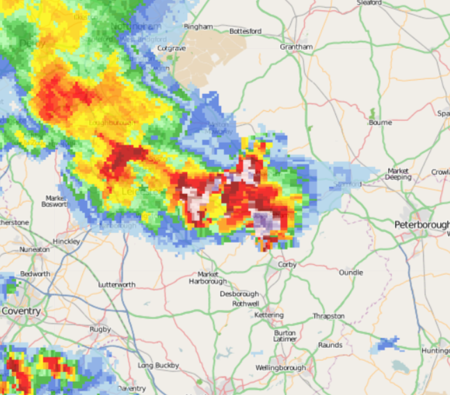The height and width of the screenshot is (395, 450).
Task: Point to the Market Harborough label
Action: [x=208, y=277]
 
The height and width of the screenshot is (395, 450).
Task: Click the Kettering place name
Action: [x=269, y=315]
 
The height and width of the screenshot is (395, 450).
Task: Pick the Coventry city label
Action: [x=21, y=311]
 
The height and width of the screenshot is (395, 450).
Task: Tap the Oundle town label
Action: [x=351, y=273]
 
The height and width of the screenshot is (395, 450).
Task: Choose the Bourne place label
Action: [x=381, y=122]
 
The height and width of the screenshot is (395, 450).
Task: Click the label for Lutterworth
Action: [x=117, y=285]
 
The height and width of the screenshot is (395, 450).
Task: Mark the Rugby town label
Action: [x=99, y=329]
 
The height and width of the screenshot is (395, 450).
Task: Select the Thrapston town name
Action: [x=328, y=316]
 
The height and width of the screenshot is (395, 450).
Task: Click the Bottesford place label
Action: [x=245, y=31]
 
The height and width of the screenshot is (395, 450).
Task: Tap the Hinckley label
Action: [x=66, y=241]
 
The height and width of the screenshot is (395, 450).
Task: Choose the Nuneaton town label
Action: [x=35, y=249]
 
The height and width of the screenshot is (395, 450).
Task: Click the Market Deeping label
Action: [x=399, y=174]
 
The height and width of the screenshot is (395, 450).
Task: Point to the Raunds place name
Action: [x=330, y=345]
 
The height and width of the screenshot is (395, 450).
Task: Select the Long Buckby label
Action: [x=159, y=365]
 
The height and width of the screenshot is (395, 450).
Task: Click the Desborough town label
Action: [x=239, y=294]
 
